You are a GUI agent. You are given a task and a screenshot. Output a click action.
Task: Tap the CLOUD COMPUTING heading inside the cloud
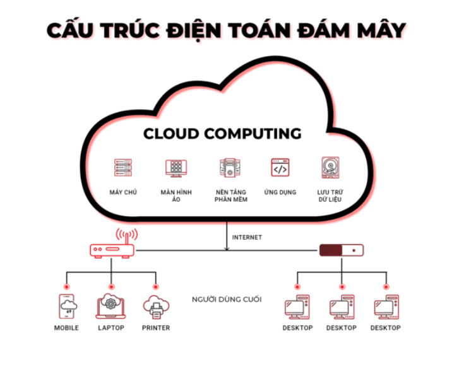(222, 134)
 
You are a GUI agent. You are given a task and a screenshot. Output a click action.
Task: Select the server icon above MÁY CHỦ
(122, 168)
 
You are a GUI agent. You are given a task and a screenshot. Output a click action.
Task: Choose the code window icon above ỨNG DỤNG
(280, 168)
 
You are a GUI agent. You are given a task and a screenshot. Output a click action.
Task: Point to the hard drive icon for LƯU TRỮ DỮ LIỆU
(330, 168)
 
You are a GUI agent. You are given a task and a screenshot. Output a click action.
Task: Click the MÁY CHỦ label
(122, 192)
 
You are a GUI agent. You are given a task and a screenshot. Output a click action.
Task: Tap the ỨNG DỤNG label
(280, 192)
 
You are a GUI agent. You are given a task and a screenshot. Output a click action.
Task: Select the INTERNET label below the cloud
(247, 238)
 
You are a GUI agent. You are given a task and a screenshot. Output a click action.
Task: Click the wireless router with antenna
(112, 245)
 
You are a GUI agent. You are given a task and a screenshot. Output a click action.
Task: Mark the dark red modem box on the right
(342, 250)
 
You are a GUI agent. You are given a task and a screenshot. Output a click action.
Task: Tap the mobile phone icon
(67, 307)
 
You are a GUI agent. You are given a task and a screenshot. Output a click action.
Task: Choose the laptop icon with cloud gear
(111, 307)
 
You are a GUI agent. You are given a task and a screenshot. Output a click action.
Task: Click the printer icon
(156, 307)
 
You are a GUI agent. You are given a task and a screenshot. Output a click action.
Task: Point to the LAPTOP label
(111, 328)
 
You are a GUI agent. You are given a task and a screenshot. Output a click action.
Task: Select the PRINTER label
(156, 328)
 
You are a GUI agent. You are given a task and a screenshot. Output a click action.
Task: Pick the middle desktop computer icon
(342, 307)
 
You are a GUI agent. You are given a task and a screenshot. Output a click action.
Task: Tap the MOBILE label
(66, 328)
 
